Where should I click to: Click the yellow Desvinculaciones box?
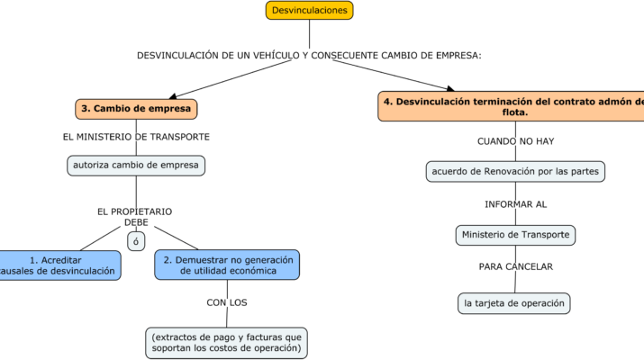309,11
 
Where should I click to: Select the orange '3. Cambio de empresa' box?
136,109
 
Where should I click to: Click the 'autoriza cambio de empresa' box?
136,166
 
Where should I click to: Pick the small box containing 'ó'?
136,241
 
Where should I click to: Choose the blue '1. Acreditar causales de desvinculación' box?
59,265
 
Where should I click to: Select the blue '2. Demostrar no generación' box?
227,265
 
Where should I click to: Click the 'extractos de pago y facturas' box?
227,342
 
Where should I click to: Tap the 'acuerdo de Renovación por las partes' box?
515,171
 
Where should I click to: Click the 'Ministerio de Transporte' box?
515,235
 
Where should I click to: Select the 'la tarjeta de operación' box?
515,303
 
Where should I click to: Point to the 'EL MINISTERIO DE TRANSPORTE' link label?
136,137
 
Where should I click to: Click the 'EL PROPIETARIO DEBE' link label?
135,217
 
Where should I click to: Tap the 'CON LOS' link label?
227,302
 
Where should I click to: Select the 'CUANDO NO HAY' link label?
515,141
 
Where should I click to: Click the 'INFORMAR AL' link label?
515,204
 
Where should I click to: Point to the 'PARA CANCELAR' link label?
515,266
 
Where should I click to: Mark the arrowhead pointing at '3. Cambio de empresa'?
172,96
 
